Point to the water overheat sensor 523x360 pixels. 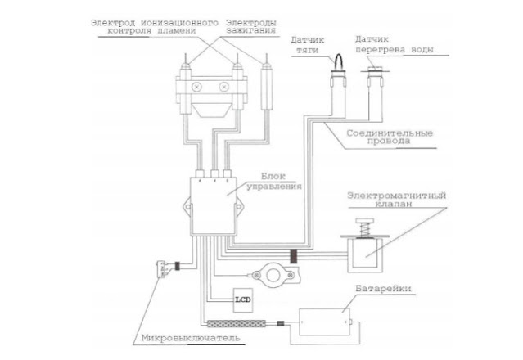pos(376,82)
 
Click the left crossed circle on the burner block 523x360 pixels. pos(197,85)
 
